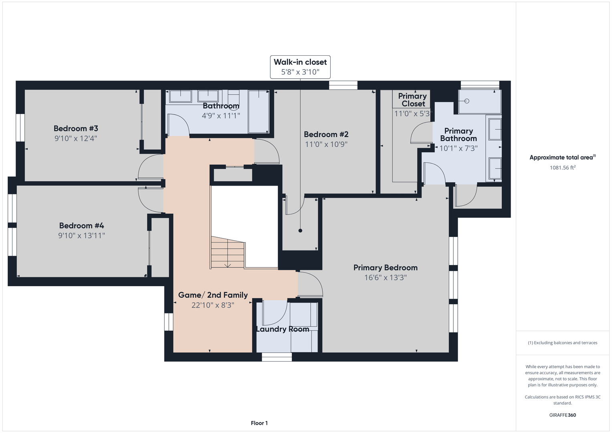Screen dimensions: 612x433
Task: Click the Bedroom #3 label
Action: [x=76, y=128]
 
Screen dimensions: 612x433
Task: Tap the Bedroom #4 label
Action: [x=81, y=225]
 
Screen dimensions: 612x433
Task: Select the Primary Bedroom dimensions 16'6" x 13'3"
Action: [x=386, y=277]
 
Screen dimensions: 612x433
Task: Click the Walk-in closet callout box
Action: [x=300, y=67]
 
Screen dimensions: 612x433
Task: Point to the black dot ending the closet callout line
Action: [x=300, y=231]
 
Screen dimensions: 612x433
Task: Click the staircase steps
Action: [x=228, y=252]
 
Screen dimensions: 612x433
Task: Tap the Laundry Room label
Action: [x=283, y=329]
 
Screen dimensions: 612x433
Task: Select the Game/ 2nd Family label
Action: [x=213, y=295]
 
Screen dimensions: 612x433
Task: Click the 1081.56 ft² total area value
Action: [x=563, y=168]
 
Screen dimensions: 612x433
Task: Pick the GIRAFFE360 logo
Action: [x=563, y=415]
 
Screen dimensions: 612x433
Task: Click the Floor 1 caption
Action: [x=259, y=423]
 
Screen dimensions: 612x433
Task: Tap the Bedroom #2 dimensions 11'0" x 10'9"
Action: [x=326, y=144]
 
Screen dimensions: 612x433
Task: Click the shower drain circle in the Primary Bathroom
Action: [x=467, y=101]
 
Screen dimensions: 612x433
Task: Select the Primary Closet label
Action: [x=412, y=100]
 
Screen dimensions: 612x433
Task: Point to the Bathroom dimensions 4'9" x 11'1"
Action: [x=221, y=115]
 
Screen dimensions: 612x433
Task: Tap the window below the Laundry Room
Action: [x=277, y=357]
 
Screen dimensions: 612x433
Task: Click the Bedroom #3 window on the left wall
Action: [x=20, y=127]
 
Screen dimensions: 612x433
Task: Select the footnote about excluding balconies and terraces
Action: [x=563, y=342]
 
